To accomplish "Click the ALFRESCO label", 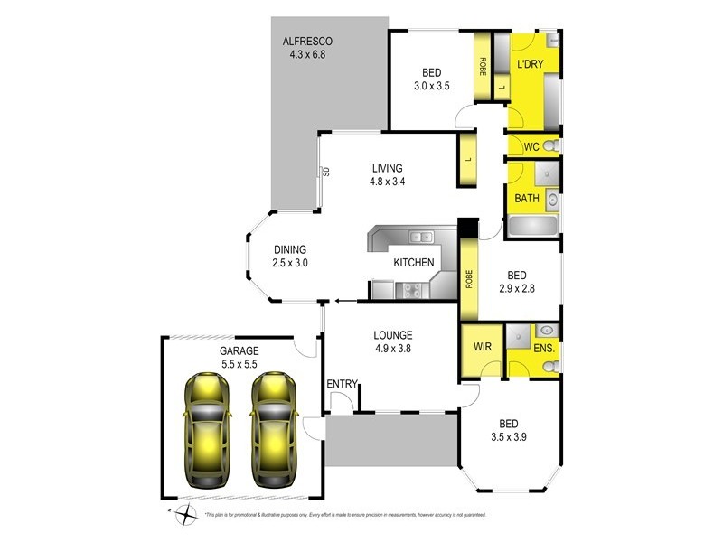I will click(x=308, y=42).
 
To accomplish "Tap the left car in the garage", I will click(x=207, y=428).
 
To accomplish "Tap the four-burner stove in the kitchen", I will click(x=412, y=290).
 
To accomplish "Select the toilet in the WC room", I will click(x=549, y=146).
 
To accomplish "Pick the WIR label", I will click(x=479, y=345).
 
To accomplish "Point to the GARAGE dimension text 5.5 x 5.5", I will click(x=239, y=364).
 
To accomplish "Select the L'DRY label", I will click(x=530, y=65).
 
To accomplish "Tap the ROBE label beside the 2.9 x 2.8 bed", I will click(x=469, y=278).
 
